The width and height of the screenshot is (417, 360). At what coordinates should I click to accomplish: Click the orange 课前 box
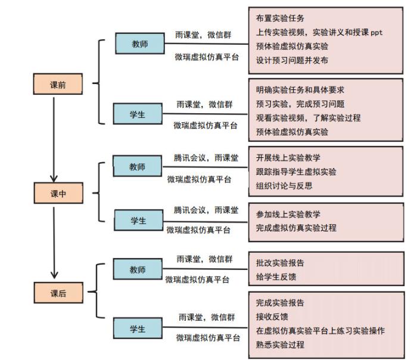click(x=58, y=84)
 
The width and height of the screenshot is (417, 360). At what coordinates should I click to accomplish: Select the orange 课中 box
click(x=58, y=193)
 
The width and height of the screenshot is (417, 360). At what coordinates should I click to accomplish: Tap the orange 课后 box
click(x=58, y=293)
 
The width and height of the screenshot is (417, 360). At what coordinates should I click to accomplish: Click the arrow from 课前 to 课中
click(x=54, y=139)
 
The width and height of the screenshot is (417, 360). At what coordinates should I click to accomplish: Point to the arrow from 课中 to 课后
click(x=54, y=243)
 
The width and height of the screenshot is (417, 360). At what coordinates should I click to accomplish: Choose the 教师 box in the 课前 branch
click(x=140, y=44)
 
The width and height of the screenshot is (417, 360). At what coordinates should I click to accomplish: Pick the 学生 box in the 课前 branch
click(x=138, y=114)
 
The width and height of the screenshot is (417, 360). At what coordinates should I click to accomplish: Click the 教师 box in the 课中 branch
click(x=137, y=166)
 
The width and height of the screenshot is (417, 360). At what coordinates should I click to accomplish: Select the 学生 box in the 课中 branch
click(x=139, y=220)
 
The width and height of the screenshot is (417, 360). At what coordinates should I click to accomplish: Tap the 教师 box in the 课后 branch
click(x=138, y=269)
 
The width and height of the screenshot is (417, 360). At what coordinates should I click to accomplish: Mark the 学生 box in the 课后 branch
click(x=138, y=328)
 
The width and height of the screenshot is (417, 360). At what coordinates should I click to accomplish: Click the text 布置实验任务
click(x=280, y=18)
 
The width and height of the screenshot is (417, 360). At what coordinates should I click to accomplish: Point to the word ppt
click(x=376, y=33)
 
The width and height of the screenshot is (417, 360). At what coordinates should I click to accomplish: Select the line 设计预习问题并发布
click(x=292, y=60)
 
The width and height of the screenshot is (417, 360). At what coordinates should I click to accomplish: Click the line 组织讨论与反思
click(x=284, y=186)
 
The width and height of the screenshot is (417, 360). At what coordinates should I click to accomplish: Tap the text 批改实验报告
click(x=280, y=263)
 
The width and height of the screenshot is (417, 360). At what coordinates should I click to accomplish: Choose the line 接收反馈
click(x=272, y=316)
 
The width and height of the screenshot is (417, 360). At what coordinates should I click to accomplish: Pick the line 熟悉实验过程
click(x=280, y=345)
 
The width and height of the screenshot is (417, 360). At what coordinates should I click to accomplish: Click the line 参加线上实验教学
click(x=288, y=214)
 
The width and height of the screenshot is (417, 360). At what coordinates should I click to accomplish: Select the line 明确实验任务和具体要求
click(x=300, y=90)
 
